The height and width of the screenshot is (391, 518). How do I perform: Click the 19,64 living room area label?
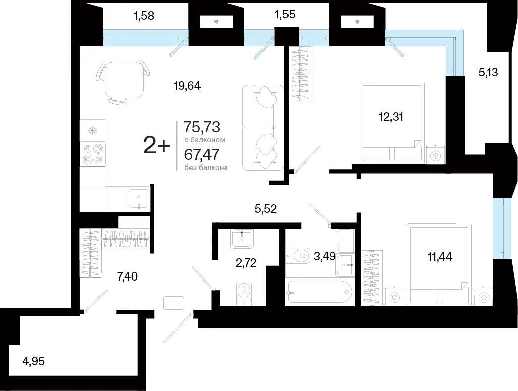click(x=187, y=86)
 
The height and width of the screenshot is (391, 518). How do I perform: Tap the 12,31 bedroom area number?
click(x=391, y=117)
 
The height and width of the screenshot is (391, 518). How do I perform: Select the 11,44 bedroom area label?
click(x=440, y=256)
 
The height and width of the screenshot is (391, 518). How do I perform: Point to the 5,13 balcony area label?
click(x=488, y=72)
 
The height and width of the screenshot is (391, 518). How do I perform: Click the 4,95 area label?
click(x=33, y=361)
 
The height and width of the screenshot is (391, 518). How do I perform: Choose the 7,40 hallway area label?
click(x=127, y=276)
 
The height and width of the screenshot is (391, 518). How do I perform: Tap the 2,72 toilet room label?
click(x=246, y=263)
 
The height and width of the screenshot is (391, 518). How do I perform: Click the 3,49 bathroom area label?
click(x=324, y=256)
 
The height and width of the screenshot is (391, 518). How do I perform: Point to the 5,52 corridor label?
click(x=266, y=209)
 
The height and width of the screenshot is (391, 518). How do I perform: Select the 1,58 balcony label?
click(x=144, y=16)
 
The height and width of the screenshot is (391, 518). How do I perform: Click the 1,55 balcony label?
click(x=285, y=14)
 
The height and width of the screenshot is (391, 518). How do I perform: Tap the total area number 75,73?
click(x=202, y=127)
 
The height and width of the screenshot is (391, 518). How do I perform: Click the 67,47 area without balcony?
click(x=202, y=154)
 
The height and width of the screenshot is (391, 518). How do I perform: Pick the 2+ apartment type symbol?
click(x=156, y=146)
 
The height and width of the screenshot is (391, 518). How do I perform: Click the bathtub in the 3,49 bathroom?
click(x=319, y=292)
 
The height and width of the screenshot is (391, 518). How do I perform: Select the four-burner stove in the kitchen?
click(x=93, y=154)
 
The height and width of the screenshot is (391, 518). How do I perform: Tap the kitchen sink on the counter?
click(x=138, y=199)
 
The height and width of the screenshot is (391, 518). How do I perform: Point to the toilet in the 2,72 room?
click(x=244, y=292)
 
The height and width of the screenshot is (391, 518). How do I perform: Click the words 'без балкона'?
click(x=206, y=167)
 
